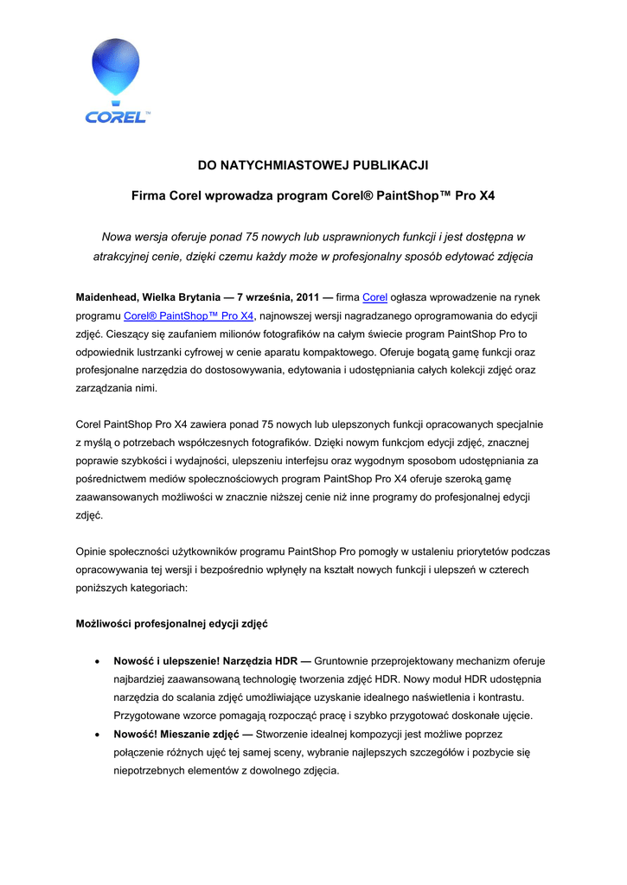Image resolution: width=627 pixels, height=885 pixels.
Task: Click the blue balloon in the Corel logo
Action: tap(115, 67)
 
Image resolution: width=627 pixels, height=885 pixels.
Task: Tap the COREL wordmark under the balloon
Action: tap(116, 117)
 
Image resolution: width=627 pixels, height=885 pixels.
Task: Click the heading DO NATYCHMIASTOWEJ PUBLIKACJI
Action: tap(313, 164)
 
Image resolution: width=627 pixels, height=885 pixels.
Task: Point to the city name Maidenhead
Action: tap(108, 297)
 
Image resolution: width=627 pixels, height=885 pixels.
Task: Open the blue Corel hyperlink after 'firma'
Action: tap(374, 297)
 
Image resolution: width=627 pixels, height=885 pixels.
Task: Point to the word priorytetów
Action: tap(469, 551)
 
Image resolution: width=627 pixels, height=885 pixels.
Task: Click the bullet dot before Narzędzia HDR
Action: tap(97, 661)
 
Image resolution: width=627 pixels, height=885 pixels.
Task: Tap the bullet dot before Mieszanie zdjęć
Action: tap(97, 734)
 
